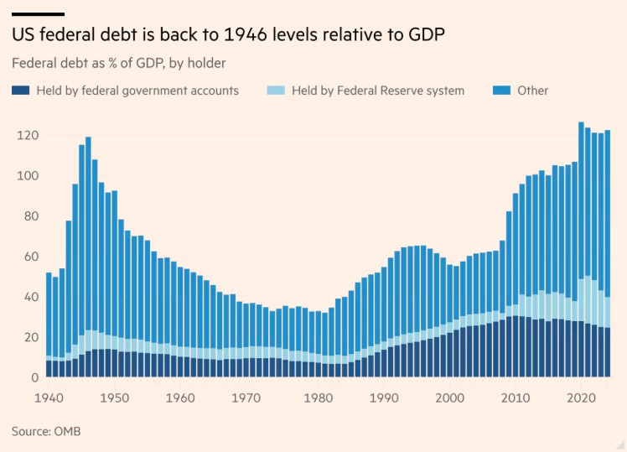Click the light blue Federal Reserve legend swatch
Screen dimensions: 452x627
pyautogui.click(x=275, y=91)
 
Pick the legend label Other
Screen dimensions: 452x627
pyautogui.click(x=534, y=91)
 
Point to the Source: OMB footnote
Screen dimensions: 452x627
pyautogui.click(x=46, y=431)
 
